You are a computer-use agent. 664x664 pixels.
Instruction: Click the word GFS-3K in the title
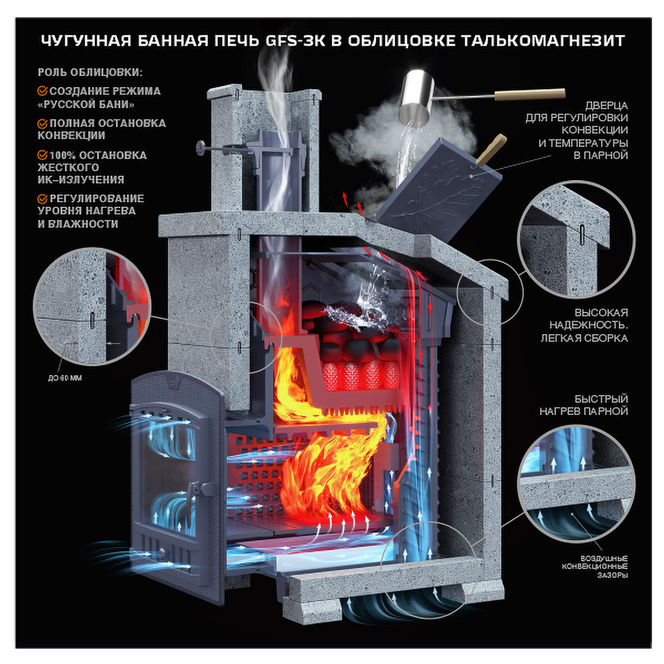(295, 41)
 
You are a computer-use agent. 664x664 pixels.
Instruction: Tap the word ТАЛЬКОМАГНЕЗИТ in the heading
(543, 41)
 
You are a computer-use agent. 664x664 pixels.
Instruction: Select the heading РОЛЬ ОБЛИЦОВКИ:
(90, 72)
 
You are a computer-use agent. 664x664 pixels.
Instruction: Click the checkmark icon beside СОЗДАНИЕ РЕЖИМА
(42, 91)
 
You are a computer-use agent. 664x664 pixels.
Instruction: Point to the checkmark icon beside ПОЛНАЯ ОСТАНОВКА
(42, 124)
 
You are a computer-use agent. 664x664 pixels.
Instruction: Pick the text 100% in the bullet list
(62, 155)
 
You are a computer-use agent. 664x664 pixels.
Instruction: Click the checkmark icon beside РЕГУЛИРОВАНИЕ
(42, 199)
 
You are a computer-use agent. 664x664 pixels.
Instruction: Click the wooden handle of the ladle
(530, 95)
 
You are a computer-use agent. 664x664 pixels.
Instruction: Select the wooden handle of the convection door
(491, 149)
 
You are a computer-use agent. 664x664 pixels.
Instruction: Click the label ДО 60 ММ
(65, 378)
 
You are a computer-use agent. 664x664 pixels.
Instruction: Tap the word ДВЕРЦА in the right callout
(606, 106)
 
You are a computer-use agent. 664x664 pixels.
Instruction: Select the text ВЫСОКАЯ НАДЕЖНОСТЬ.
(588, 319)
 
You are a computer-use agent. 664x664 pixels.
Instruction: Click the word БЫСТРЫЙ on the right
(602, 399)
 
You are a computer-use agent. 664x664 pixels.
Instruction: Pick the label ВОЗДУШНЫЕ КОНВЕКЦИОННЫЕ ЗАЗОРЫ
(595, 566)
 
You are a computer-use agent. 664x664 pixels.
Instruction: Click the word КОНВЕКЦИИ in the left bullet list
(71, 135)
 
